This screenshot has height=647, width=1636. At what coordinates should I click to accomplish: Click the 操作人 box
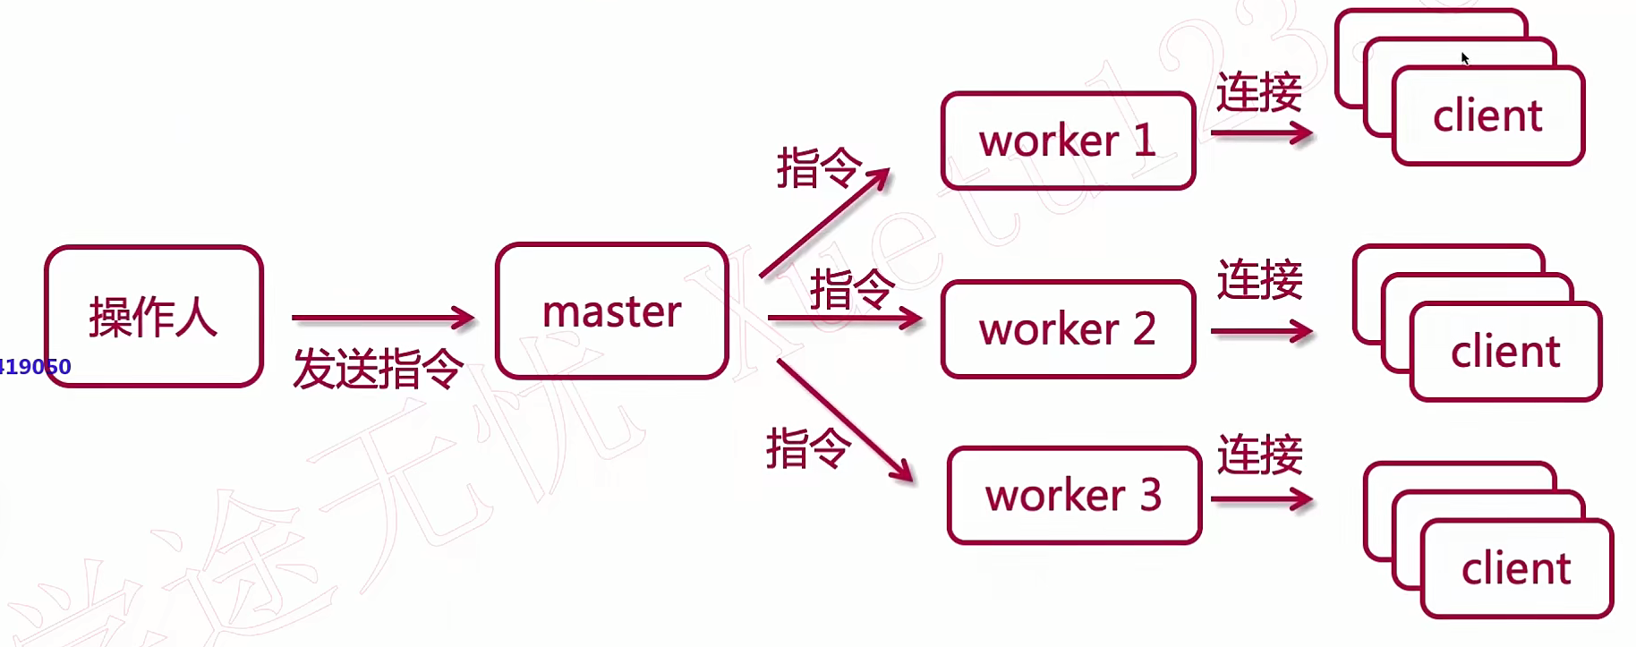click(x=153, y=316)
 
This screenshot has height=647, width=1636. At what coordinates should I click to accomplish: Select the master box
click(x=611, y=311)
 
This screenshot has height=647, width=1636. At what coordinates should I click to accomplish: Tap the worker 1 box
click(x=1068, y=140)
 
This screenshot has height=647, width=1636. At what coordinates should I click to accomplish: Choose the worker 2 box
click(x=1068, y=329)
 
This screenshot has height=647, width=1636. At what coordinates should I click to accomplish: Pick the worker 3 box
click(x=1074, y=495)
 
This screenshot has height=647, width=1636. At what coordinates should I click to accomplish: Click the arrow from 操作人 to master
click(x=382, y=317)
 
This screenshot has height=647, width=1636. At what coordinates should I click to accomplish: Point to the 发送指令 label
click(x=378, y=369)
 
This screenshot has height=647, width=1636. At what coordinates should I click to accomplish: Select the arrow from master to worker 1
click(x=823, y=222)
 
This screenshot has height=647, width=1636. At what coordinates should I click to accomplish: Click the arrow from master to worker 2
click(x=844, y=318)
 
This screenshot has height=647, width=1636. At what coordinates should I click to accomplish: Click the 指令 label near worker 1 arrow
click(x=818, y=167)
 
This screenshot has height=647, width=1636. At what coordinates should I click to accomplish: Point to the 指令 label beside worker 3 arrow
click(x=807, y=447)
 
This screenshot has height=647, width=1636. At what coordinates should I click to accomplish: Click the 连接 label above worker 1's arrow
click(x=1258, y=93)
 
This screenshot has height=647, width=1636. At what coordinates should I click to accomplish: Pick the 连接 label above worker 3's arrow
click(x=1259, y=455)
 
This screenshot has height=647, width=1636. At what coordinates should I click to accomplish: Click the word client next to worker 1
click(x=1487, y=116)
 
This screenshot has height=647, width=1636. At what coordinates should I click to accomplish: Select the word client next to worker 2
click(x=1505, y=352)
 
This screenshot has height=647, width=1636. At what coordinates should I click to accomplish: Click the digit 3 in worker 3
click(x=1151, y=495)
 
